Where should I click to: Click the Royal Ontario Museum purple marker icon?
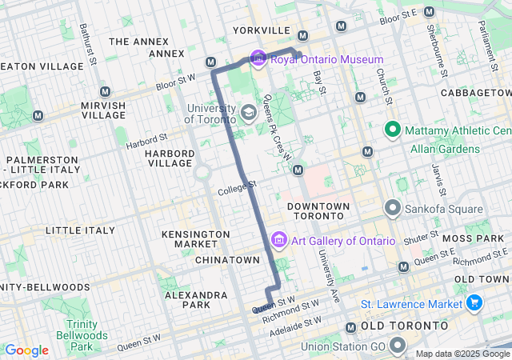pos(258,59)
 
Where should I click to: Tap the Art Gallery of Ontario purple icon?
pos(279,240)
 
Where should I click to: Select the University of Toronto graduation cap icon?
pos(249,112)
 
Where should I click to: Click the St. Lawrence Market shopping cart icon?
pos(474,304)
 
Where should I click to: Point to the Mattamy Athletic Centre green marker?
pos(393,130)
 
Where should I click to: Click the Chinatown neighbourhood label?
pos(228,260)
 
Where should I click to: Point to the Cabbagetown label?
pos(477,94)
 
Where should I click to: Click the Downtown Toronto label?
pos(318,212)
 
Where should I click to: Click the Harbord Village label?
pos(169,158)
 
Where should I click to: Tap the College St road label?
pos(237,189)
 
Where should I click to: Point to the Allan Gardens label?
pos(445,149)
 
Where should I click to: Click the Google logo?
pos(26,350)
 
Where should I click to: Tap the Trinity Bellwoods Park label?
pos(82,336)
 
